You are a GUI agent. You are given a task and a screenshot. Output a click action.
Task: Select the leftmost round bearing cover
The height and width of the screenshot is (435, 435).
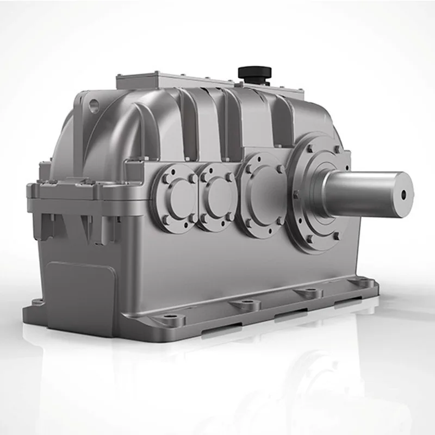[x=177, y=197]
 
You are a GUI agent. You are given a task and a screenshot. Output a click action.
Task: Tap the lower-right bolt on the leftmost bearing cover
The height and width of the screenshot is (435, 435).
[x=191, y=219]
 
